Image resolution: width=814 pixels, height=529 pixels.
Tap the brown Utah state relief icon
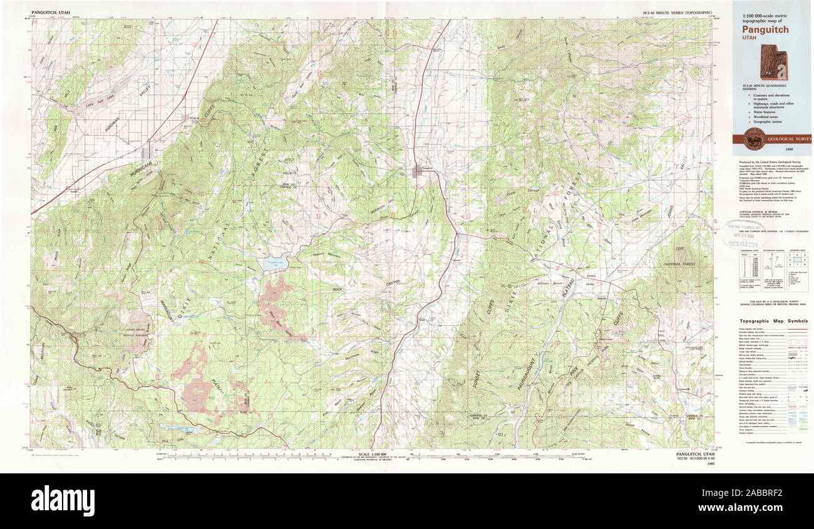tap(773, 62)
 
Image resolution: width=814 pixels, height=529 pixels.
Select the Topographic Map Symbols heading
tap(771, 321)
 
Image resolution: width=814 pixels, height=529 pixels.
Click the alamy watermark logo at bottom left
tap(63, 501)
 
